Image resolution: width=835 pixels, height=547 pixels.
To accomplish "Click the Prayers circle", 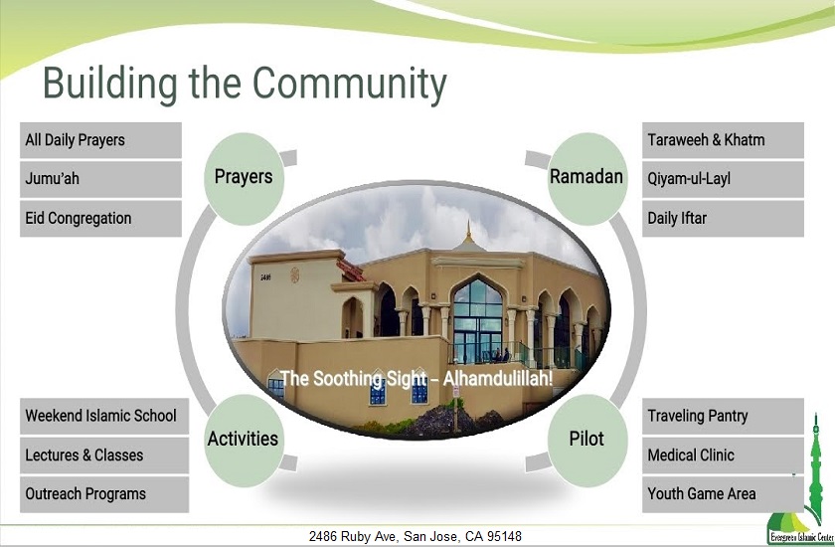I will [x=244, y=177].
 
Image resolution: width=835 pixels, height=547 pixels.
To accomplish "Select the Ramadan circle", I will [x=586, y=177].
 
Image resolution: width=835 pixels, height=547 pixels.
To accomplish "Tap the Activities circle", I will [x=243, y=439].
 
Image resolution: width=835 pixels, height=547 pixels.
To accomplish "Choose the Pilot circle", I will [x=586, y=439].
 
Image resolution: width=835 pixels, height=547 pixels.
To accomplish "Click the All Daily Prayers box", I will [x=100, y=140].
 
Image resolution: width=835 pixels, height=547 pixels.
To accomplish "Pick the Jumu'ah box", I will [x=100, y=179].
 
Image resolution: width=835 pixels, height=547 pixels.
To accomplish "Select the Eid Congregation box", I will [x=100, y=218].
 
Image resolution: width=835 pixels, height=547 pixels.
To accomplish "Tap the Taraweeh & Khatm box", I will [x=722, y=140].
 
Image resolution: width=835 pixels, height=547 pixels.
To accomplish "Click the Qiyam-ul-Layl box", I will [x=722, y=179].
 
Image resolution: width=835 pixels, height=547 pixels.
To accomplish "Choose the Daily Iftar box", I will [x=722, y=218].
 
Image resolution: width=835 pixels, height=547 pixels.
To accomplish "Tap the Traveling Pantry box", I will [x=722, y=416].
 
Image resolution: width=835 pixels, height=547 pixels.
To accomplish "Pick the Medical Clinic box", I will [x=722, y=455].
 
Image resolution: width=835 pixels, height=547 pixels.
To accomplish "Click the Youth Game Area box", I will [x=722, y=493].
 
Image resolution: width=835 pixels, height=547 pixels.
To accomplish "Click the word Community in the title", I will [x=350, y=84].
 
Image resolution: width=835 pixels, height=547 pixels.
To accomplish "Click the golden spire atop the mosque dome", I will [x=468, y=234].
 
